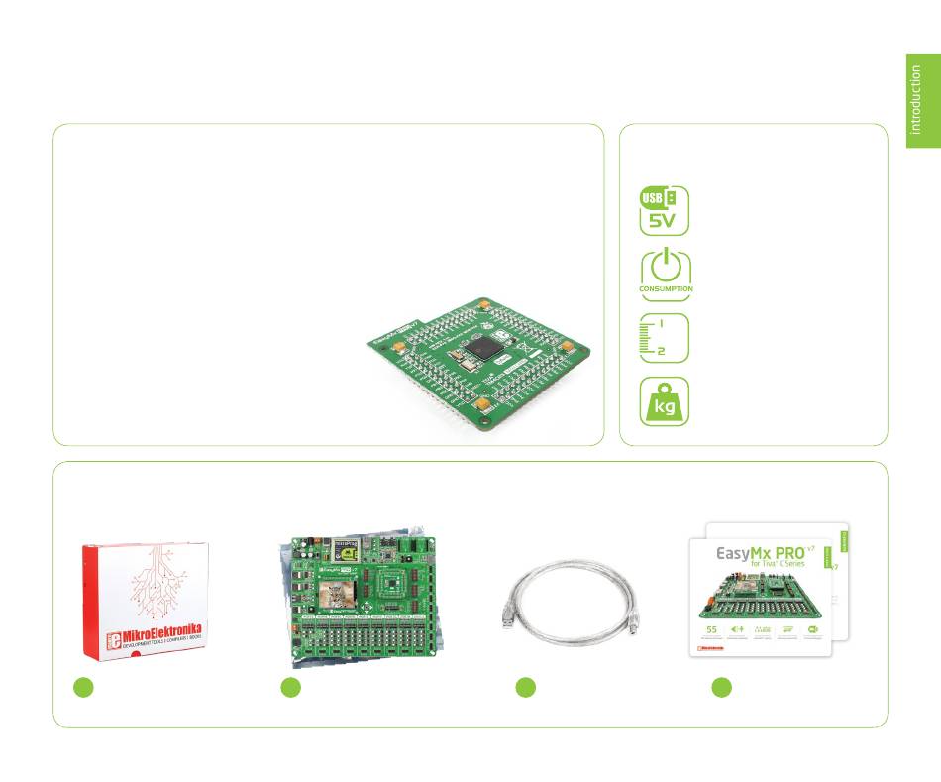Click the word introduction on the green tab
(917, 98)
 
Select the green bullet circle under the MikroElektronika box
(84, 688)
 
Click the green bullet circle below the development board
(290, 688)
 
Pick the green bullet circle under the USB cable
(526, 688)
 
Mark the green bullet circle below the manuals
(722, 688)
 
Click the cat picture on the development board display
(337, 596)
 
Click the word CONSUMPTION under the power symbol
(667, 289)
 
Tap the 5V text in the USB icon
(662, 221)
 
